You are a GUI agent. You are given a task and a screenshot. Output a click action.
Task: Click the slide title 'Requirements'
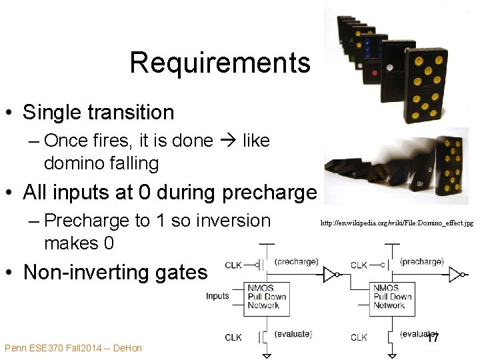(x=220, y=63)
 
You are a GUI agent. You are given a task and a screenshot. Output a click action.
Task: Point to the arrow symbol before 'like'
(x=227, y=141)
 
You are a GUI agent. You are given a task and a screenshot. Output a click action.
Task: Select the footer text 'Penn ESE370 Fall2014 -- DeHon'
(x=73, y=348)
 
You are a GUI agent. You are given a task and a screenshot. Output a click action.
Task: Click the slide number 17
(x=433, y=338)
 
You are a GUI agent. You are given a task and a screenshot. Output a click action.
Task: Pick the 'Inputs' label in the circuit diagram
(x=217, y=296)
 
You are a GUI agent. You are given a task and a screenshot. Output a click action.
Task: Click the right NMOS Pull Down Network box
(x=391, y=297)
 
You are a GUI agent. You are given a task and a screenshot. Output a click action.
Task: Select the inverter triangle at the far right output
(x=455, y=273)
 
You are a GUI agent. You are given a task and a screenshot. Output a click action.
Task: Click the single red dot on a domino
(x=375, y=72)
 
